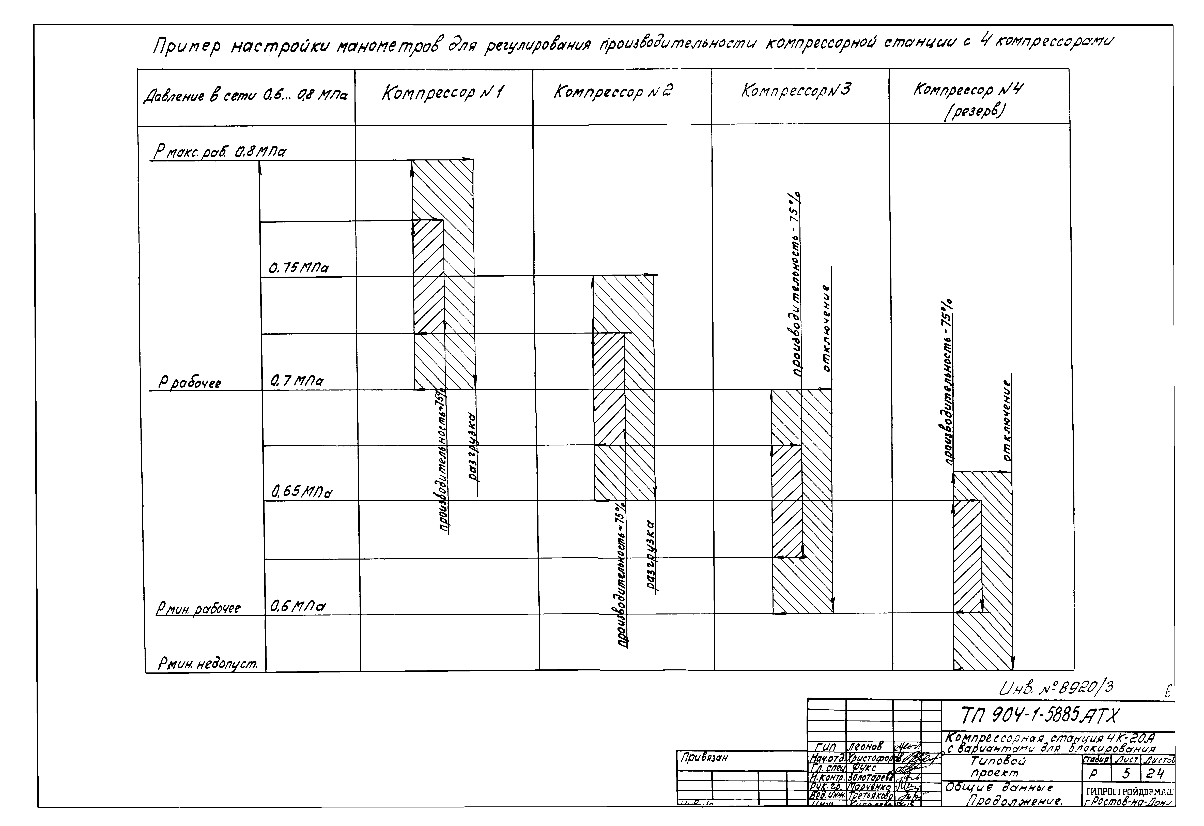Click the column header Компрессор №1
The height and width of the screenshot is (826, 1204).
(x=443, y=94)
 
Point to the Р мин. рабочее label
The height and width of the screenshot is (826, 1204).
(x=198, y=608)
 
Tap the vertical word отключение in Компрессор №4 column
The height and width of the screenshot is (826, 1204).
(x=1007, y=420)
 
